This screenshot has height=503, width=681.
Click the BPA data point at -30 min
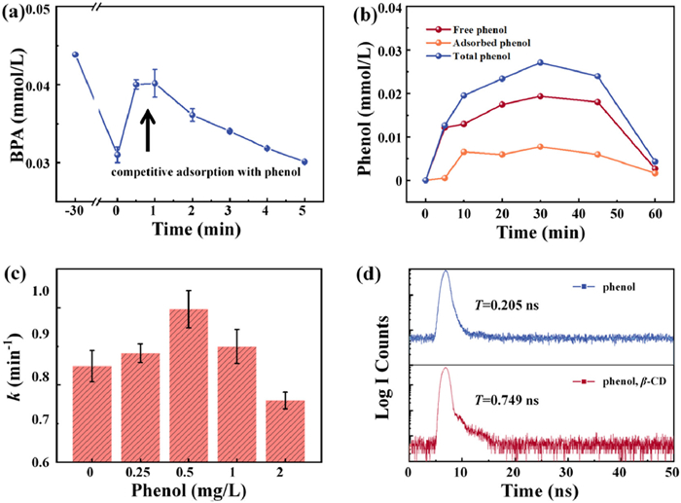(75, 54)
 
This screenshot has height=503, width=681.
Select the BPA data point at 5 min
(304, 162)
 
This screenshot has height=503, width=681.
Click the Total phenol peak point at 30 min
(540, 62)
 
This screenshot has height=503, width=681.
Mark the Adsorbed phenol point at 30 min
(540, 147)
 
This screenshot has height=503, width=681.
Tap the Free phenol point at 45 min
(597, 102)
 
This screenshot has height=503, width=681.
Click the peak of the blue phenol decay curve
(446, 272)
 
